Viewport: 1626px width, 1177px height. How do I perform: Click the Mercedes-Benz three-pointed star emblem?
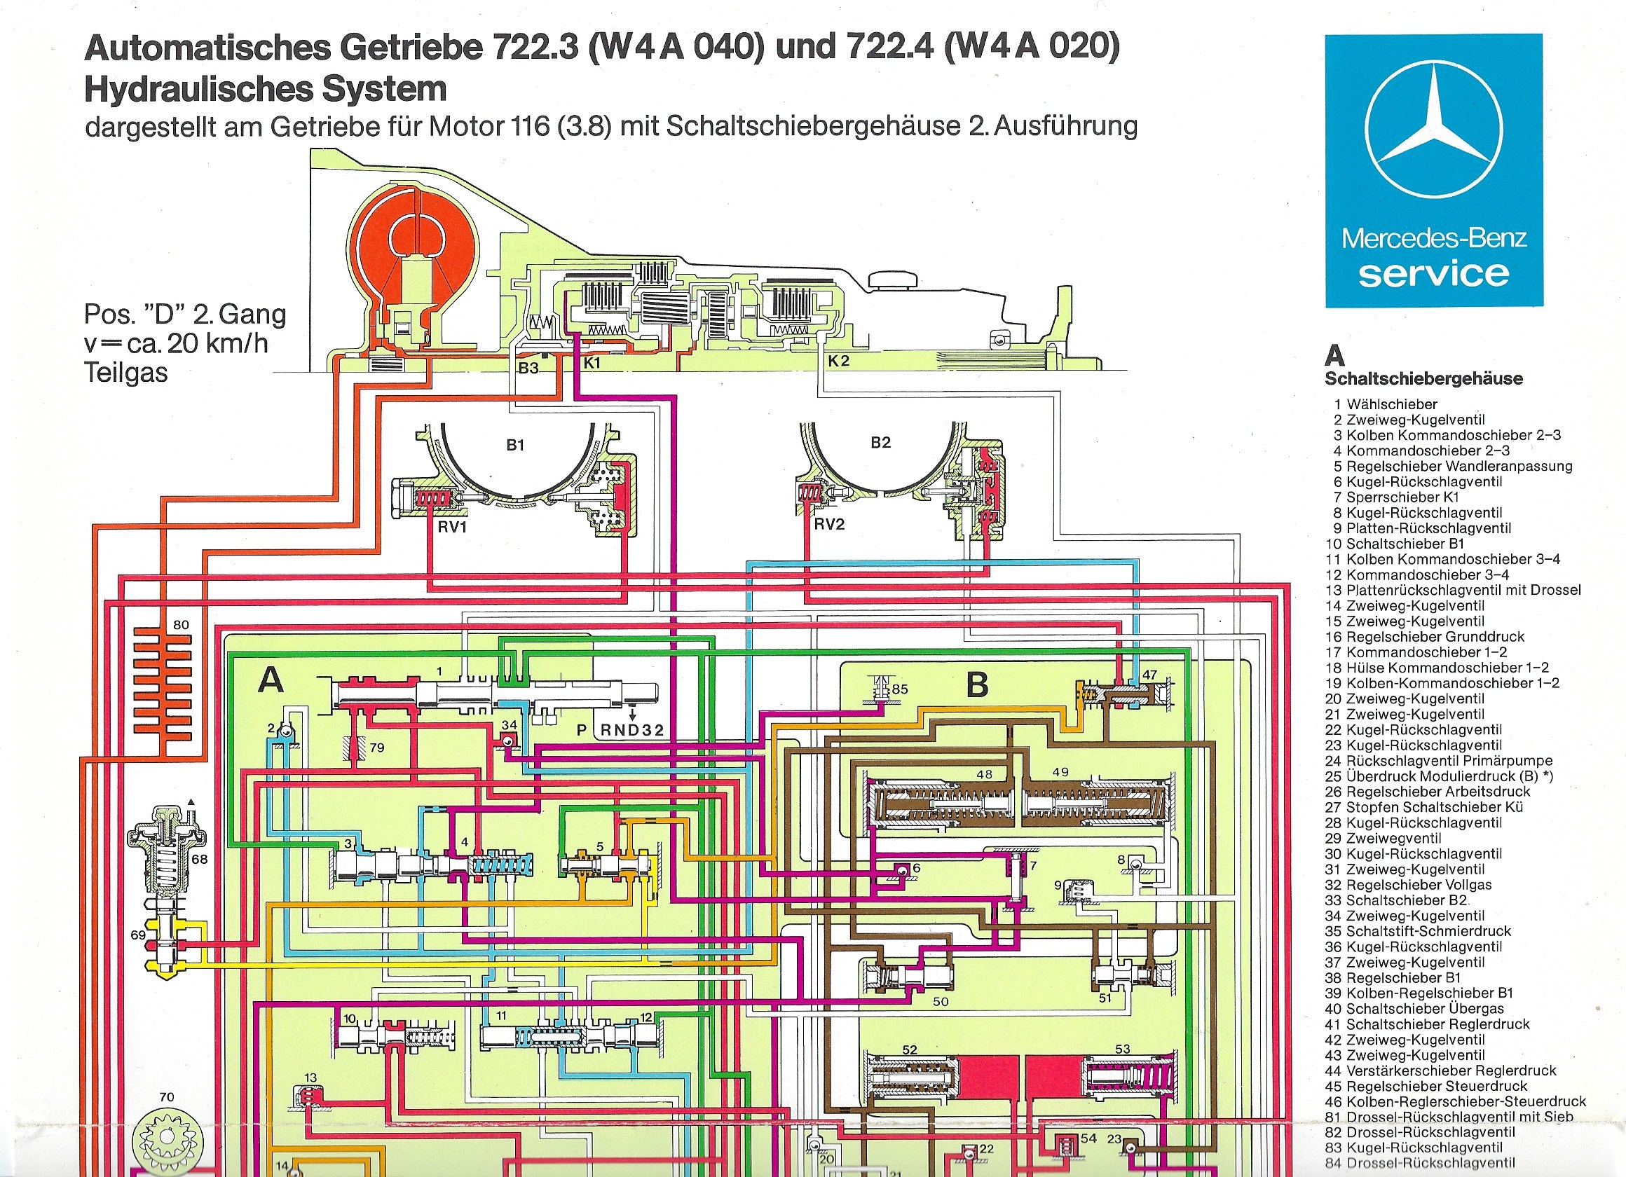click(1433, 131)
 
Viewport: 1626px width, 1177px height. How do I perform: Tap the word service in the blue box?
click(1433, 274)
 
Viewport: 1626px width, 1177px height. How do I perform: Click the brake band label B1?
click(515, 445)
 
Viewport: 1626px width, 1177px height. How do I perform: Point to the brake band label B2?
click(880, 443)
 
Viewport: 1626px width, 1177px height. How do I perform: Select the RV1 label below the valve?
click(452, 528)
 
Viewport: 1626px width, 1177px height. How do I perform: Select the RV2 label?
click(829, 525)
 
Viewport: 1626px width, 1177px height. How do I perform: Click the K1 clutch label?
click(592, 364)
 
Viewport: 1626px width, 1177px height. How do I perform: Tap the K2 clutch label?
click(838, 362)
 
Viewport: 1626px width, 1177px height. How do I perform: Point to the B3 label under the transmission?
click(528, 369)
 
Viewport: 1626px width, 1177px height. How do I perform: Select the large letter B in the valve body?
click(977, 685)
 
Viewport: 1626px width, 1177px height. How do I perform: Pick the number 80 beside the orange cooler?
click(182, 625)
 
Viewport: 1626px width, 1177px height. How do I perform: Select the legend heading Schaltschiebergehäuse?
click(1423, 379)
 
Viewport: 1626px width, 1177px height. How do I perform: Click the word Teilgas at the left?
click(126, 373)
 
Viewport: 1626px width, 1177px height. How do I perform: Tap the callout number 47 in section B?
click(1149, 675)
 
